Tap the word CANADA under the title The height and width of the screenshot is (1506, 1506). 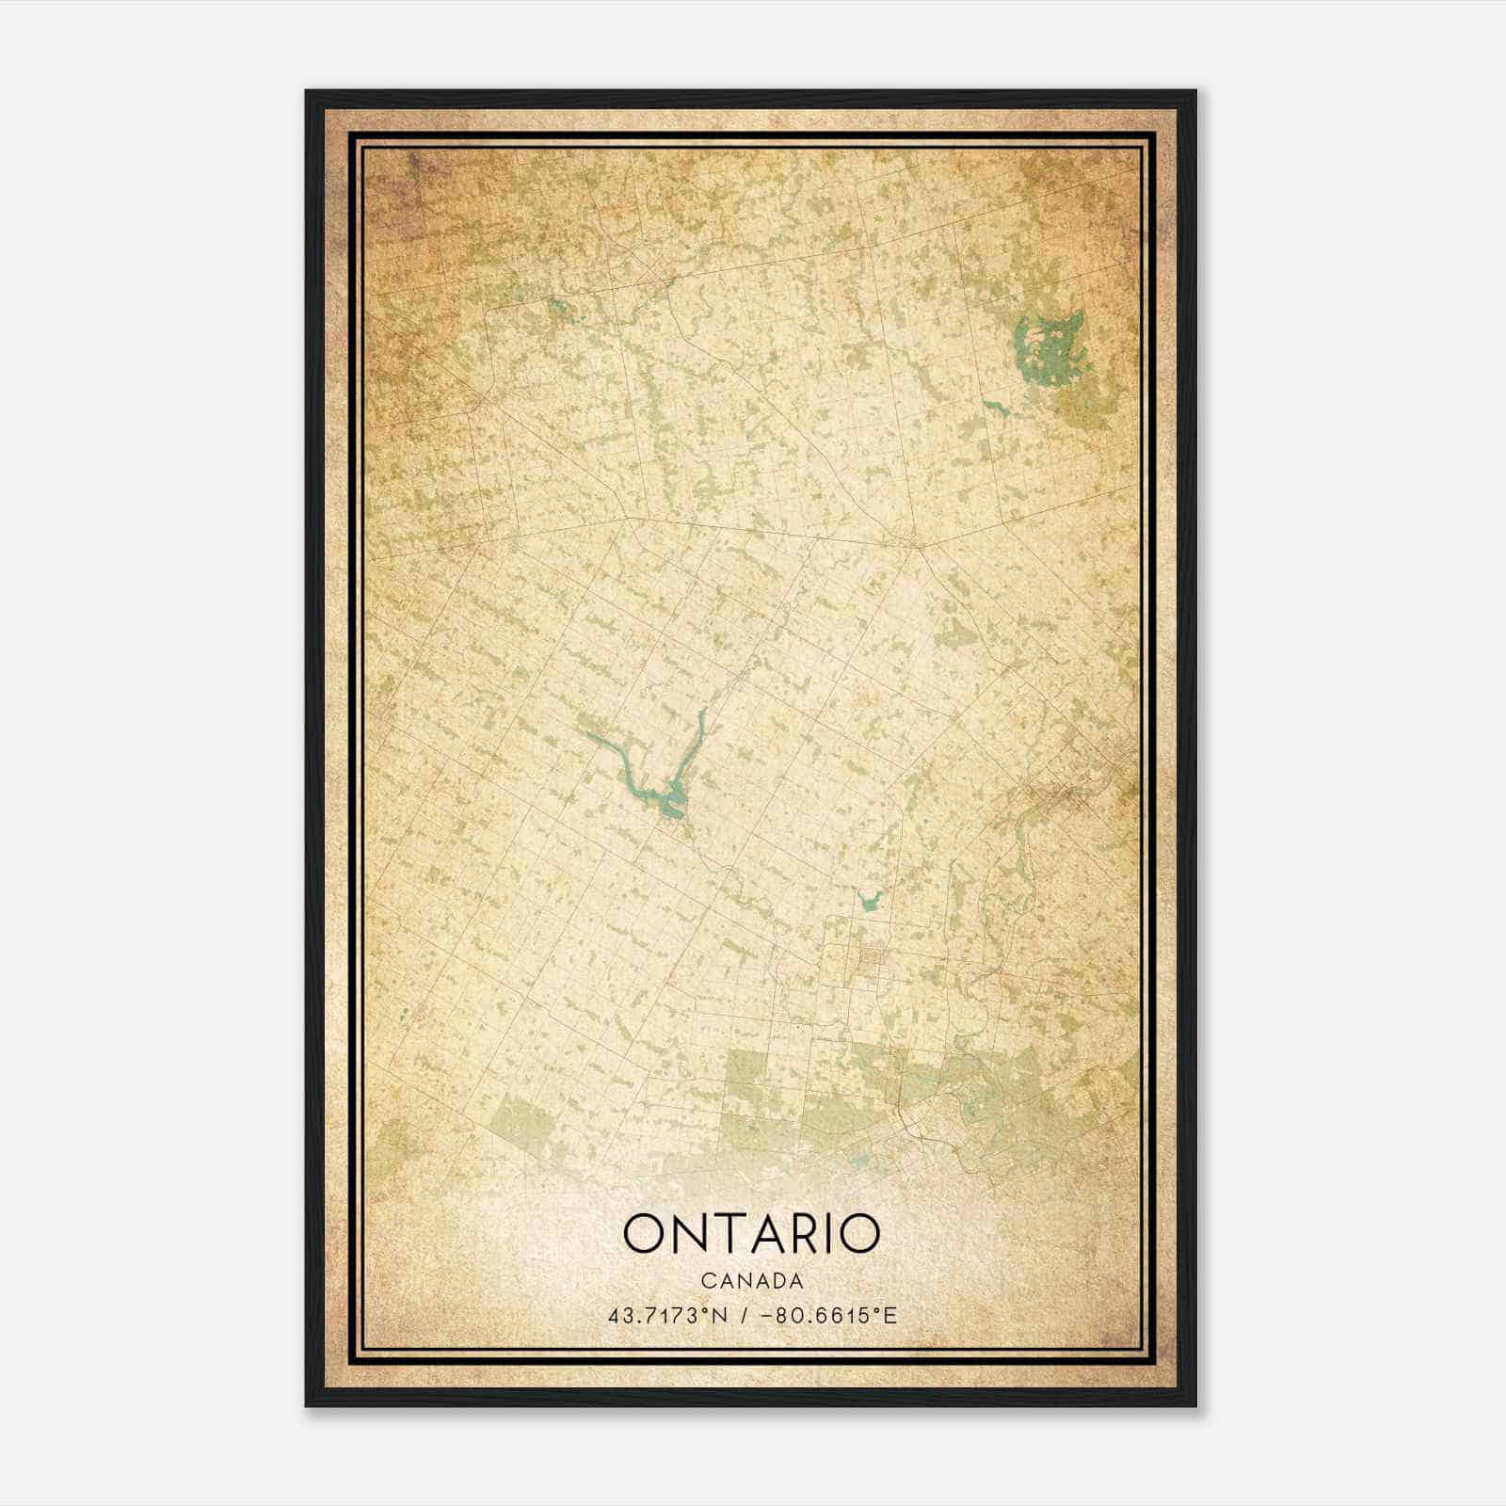pos(751,1281)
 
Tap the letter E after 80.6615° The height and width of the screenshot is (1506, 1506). pos(890,1315)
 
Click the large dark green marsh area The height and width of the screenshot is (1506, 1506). pos(1047,353)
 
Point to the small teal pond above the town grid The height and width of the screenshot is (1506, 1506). pos(868,904)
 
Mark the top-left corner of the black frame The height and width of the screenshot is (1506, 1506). pos(307,91)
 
